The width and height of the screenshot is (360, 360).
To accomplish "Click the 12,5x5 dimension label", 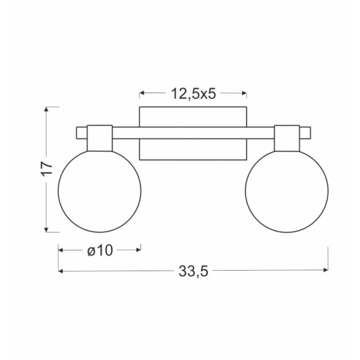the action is pos(194,94).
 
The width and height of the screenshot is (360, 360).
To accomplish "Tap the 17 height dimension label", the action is pos(47,169).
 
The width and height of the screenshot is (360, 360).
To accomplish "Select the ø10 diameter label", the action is pos(100,250).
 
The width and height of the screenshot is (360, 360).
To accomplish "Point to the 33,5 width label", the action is pos(193,271).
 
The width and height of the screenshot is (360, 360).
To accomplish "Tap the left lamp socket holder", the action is pos(100,138).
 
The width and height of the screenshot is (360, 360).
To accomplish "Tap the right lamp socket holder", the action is pos(287,138).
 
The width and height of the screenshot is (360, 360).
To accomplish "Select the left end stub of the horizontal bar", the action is pos(82,133).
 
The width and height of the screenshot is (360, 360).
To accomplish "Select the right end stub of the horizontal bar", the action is pos(305,133).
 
